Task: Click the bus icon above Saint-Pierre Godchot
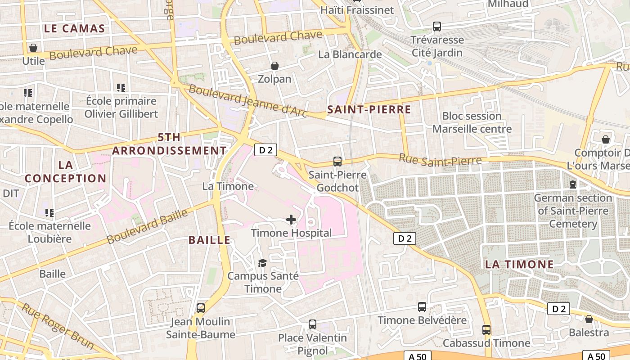click(x=337, y=161)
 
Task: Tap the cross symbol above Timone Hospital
click(x=291, y=220)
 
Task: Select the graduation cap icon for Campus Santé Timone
click(x=262, y=262)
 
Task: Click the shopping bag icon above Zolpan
click(x=274, y=66)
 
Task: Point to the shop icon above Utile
click(x=33, y=47)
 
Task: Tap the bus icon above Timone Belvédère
click(x=422, y=307)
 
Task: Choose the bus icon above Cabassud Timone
click(x=486, y=330)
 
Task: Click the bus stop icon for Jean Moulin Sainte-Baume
click(x=201, y=308)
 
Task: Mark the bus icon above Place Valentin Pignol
click(x=312, y=324)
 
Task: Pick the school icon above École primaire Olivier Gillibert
click(x=121, y=87)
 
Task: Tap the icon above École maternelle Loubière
click(x=49, y=212)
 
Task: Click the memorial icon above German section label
click(x=572, y=184)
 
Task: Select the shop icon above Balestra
click(x=589, y=319)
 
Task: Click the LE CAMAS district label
click(x=75, y=29)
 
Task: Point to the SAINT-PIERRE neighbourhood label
click(x=369, y=109)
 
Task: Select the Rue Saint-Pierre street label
click(x=440, y=160)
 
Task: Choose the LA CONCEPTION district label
click(x=65, y=172)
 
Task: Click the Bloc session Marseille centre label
click(x=472, y=122)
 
